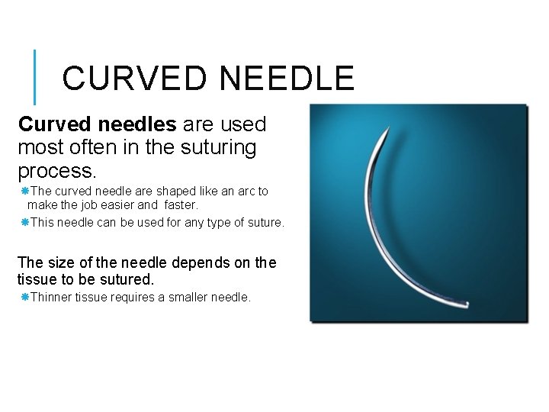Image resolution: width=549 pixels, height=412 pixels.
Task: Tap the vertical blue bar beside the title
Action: tap(35, 77)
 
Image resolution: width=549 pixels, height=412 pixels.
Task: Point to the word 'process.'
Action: tap(56, 169)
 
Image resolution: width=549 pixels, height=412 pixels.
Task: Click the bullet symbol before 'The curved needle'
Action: tap(24, 191)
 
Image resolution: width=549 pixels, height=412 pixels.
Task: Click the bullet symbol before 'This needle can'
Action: tap(24, 223)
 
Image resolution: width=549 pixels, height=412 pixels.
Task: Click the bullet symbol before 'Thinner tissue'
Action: tap(24, 298)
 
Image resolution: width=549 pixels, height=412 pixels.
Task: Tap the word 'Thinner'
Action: tap(52, 298)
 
